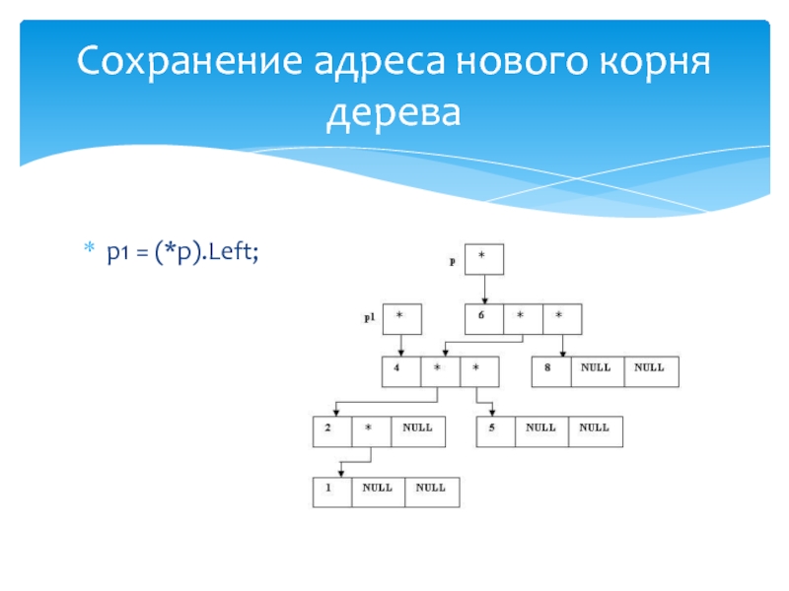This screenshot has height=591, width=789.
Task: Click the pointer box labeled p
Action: (483, 259)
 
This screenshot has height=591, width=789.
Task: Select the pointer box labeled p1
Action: (401, 318)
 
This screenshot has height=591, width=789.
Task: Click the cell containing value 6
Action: (483, 318)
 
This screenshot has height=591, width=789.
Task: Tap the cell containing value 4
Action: (401, 371)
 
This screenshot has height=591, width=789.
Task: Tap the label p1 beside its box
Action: (369, 318)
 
